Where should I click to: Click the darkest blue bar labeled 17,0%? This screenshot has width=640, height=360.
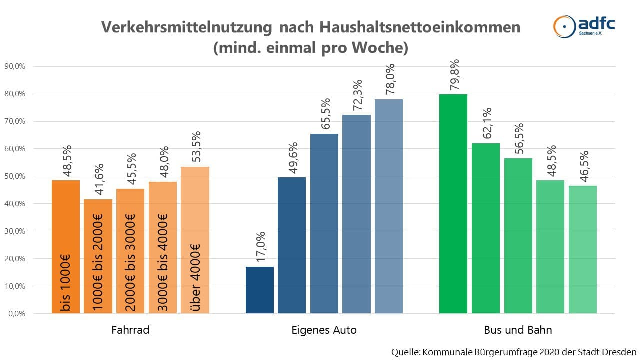coord(260,290)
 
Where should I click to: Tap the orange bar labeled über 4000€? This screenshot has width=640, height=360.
coord(195,240)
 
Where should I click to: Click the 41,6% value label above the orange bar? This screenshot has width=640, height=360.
coord(99,179)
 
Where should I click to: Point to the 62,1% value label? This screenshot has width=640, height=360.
coord(486,124)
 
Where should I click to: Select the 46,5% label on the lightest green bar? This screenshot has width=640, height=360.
coord(583,167)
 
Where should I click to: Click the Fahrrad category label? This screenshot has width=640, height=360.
coord(131,330)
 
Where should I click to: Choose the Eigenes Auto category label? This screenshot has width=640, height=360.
coord(324,330)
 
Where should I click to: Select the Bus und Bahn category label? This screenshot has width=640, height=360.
coord(518,330)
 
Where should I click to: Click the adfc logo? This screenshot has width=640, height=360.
coord(584,25)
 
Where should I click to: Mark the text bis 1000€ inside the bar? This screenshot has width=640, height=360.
coord(66,282)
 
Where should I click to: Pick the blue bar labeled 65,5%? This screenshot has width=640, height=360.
coord(324,223)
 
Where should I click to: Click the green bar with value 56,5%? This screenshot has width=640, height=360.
coord(518,236)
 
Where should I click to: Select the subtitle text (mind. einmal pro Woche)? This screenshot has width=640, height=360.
coord(310,48)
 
